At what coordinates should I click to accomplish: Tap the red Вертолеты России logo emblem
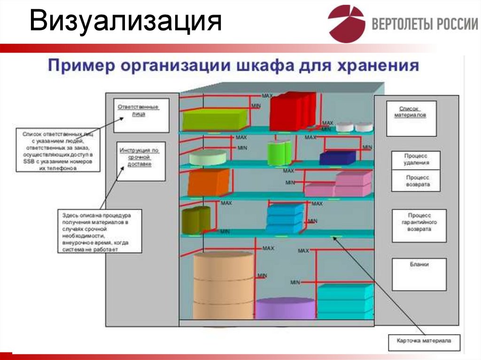pos(346,23)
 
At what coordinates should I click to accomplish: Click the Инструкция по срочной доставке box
pos(140,161)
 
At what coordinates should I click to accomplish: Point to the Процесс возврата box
pos(416,181)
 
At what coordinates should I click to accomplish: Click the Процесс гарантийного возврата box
pos(419,226)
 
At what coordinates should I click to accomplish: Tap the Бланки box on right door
pos(419,274)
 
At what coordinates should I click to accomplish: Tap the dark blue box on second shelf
pos(337,158)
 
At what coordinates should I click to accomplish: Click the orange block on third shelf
pos(209,183)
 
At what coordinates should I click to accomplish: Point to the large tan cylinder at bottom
pos(223,285)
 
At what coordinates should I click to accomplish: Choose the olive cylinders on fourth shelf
pos(196,220)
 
